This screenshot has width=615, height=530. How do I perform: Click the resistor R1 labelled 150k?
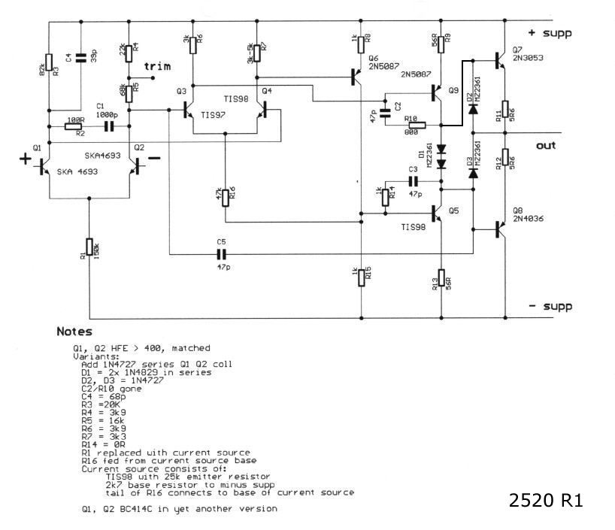(89, 247)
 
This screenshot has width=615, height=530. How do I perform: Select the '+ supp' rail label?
(551, 33)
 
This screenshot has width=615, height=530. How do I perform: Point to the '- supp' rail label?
(550, 306)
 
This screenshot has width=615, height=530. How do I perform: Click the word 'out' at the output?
(545, 145)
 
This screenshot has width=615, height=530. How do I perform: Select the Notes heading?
(74, 332)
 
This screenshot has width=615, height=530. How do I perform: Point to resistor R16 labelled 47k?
(225, 197)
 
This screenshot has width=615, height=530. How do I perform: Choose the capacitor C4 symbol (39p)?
(81, 58)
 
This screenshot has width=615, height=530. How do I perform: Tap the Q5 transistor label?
(453, 211)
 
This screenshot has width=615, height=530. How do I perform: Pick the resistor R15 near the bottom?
(362, 275)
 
